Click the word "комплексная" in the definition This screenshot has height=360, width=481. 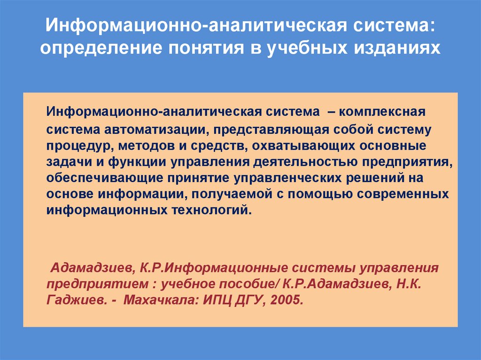[x=381, y=112]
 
